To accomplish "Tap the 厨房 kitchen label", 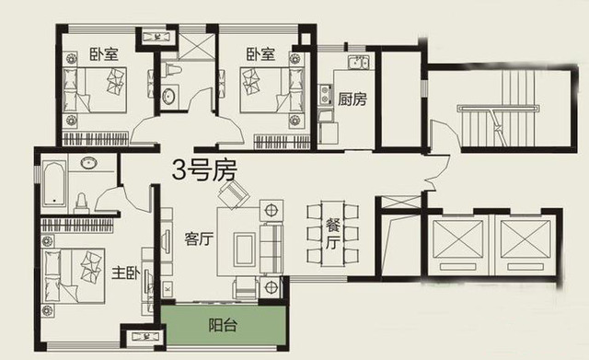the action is tap(352, 99).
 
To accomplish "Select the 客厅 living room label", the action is tap(199, 239).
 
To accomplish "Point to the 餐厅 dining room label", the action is tap(332, 235).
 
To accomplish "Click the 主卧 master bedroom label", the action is tap(126, 273).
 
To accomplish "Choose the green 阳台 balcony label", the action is tap(223, 325).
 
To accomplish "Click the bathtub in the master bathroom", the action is tap(55, 184).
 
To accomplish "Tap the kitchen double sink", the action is tap(358, 62).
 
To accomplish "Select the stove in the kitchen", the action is tap(325, 94).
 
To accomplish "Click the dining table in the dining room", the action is tap(332, 234).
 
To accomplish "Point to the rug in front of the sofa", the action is tap(245, 250).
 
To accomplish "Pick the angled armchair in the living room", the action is tap(235, 194).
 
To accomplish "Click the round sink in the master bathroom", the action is tap(89, 163).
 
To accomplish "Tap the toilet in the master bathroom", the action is tap(82, 203).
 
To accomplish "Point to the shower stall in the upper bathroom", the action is tap(196, 46).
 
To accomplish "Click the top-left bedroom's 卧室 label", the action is tap(104, 54).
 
